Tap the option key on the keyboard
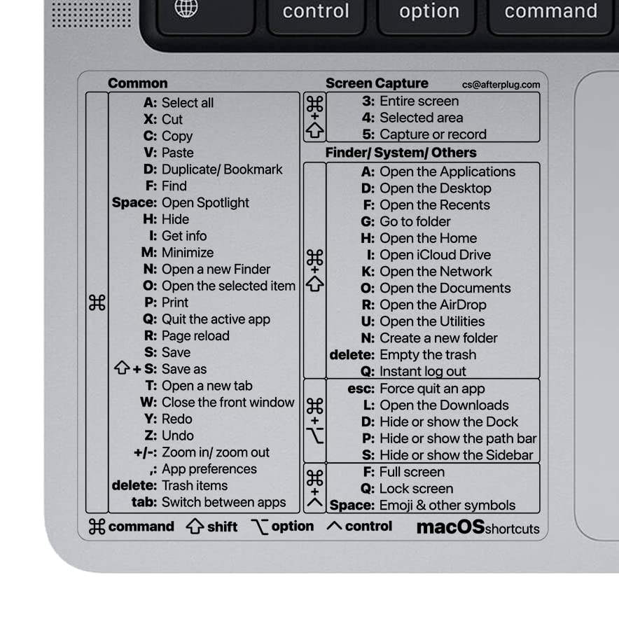429,11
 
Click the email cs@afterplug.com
501,84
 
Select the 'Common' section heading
137,83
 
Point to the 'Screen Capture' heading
377,83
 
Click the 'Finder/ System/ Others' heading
401,153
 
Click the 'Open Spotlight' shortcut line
205,202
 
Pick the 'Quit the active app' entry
216,319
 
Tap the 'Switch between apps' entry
223,502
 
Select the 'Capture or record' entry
433,134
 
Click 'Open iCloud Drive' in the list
435,255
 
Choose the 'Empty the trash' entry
427,355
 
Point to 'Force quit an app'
432,389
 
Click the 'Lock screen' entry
416,489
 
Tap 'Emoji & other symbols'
447,506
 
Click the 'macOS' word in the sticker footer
450,527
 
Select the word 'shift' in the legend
222,527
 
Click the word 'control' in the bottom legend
368,527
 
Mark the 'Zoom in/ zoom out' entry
215,452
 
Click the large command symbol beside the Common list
97,302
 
